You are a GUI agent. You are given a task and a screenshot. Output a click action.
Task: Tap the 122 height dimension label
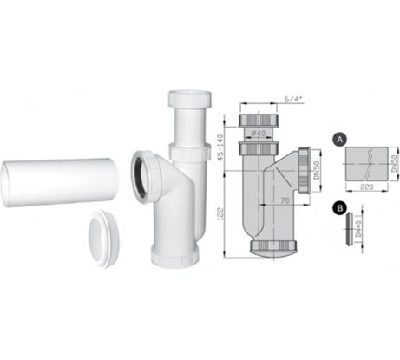[x=222, y=211]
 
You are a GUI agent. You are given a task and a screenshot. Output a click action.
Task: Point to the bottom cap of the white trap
[x=177, y=252]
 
